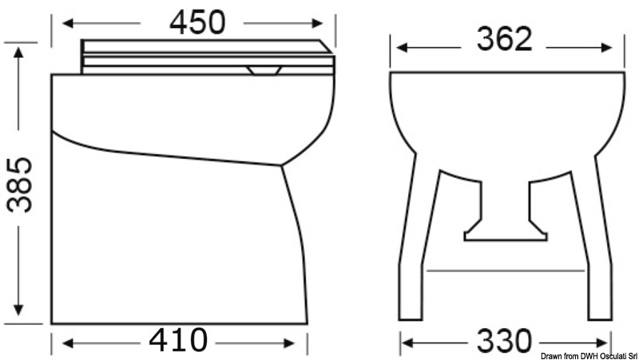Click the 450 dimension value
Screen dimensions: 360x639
click(x=196, y=22)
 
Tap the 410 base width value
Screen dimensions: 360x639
click(x=177, y=341)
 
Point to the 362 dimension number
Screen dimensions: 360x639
click(x=503, y=39)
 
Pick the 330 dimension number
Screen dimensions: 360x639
click(x=503, y=342)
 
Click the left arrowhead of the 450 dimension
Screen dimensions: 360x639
click(x=65, y=22)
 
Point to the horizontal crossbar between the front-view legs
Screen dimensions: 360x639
click(x=505, y=270)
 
